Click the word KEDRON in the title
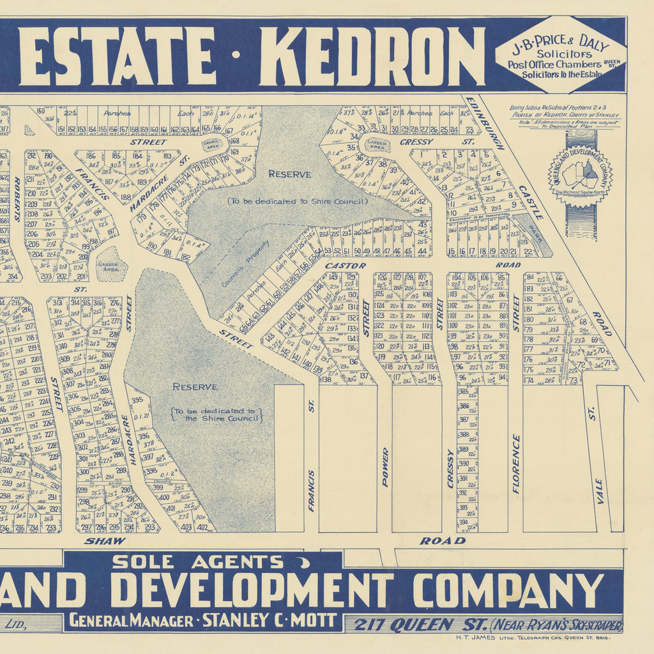tap(371, 56)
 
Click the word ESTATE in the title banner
tap(118, 56)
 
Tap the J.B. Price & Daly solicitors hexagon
tap(560, 54)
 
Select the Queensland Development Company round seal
tap(580, 173)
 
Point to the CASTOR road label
tap(346, 265)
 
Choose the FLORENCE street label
tap(516, 464)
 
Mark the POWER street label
tap(384, 468)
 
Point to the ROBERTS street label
tap(17, 199)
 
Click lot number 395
tap(137, 400)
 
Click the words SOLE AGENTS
tap(198, 562)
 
